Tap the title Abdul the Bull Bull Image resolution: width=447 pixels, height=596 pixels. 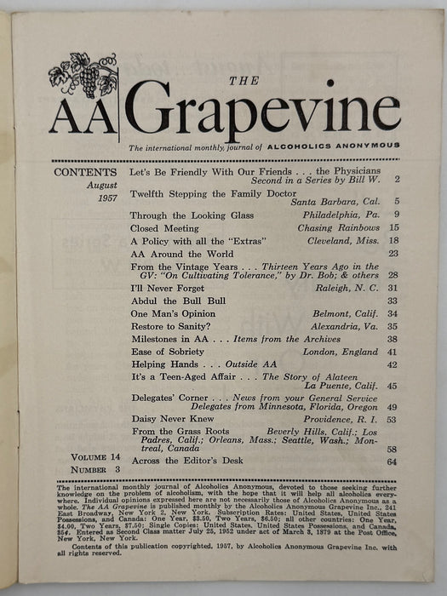(176, 301)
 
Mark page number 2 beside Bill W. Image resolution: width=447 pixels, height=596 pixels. (396, 181)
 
